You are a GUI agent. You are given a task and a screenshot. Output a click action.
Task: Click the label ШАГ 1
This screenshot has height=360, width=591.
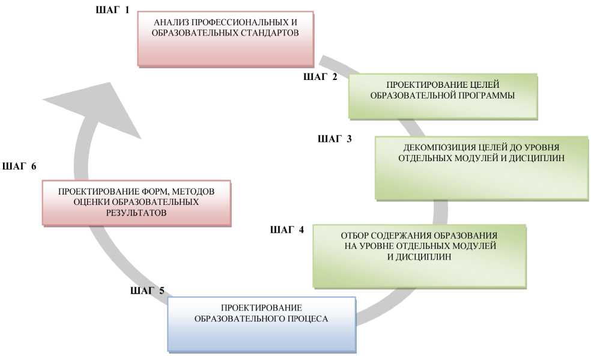[112, 11]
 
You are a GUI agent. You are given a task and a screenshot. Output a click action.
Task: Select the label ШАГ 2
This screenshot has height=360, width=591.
[321, 76]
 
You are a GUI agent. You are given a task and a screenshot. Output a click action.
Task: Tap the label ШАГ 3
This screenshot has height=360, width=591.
[335, 139]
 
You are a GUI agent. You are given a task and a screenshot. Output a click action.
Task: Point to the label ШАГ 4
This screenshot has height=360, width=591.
[287, 230]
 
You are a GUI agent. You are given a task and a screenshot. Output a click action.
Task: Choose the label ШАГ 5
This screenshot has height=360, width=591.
[147, 291]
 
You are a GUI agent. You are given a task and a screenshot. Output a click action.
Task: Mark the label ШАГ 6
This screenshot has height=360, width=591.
[20, 166]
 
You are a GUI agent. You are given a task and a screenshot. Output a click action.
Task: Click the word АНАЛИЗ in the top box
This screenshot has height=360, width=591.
[171, 23]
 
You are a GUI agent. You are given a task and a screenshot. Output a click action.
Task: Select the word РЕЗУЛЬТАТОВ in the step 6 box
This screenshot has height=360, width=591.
[136, 213]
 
